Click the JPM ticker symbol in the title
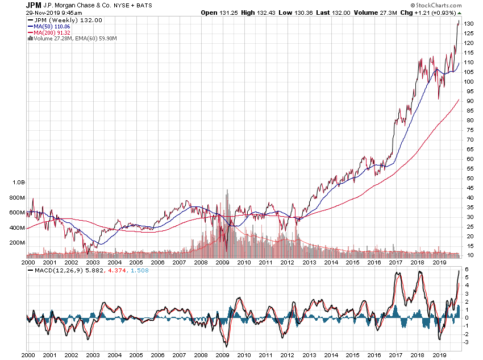33,5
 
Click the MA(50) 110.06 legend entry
51,27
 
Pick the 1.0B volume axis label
19,183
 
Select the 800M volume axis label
17,197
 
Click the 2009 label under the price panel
223,262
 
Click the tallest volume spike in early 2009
227,190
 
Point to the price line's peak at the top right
459,21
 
